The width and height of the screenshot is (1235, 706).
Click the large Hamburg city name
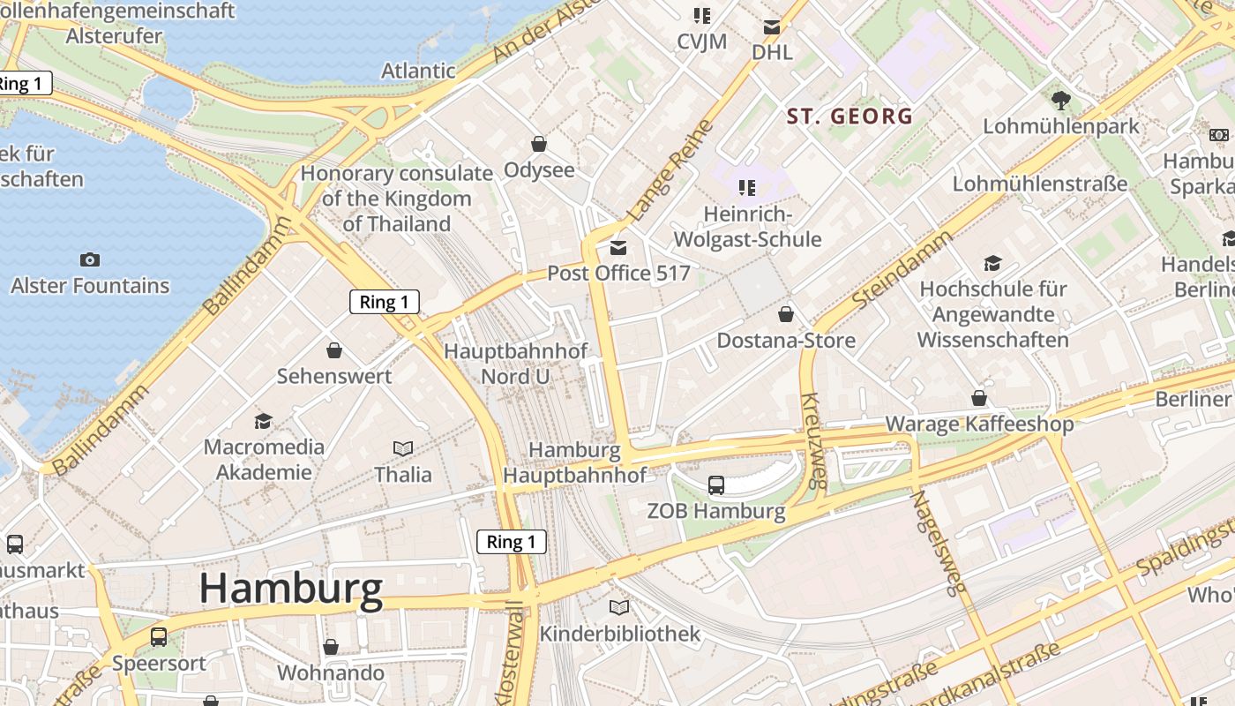[x=291, y=589]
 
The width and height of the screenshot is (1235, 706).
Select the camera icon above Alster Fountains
[x=89, y=259]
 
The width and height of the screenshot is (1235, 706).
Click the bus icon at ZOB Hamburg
[x=716, y=484]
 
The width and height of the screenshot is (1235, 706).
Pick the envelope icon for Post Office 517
[x=618, y=248]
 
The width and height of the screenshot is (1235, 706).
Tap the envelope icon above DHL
[x=772, y=27]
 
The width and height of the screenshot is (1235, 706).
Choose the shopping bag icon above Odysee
[x=538, y=144]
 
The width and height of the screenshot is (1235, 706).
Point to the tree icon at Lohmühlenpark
[x=1061, y=101]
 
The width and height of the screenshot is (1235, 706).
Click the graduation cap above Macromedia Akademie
[x=263, y=421]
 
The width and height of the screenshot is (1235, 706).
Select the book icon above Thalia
[x=403, y=448]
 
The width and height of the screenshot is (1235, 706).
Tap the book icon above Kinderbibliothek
[x=619, y=607]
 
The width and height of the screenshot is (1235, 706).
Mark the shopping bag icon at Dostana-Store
[x=785, y=314]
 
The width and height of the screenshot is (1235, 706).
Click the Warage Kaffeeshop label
[x=979, y=424]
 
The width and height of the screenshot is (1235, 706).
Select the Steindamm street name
[x=902, y=269]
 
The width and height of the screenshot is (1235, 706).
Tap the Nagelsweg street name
[x=939, y=541]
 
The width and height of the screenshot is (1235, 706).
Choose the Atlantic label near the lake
[x=418, y=71]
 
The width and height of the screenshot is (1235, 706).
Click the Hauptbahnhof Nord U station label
[x=515, y=364]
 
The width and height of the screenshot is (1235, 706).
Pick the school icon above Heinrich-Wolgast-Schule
[x=747, y=187]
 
